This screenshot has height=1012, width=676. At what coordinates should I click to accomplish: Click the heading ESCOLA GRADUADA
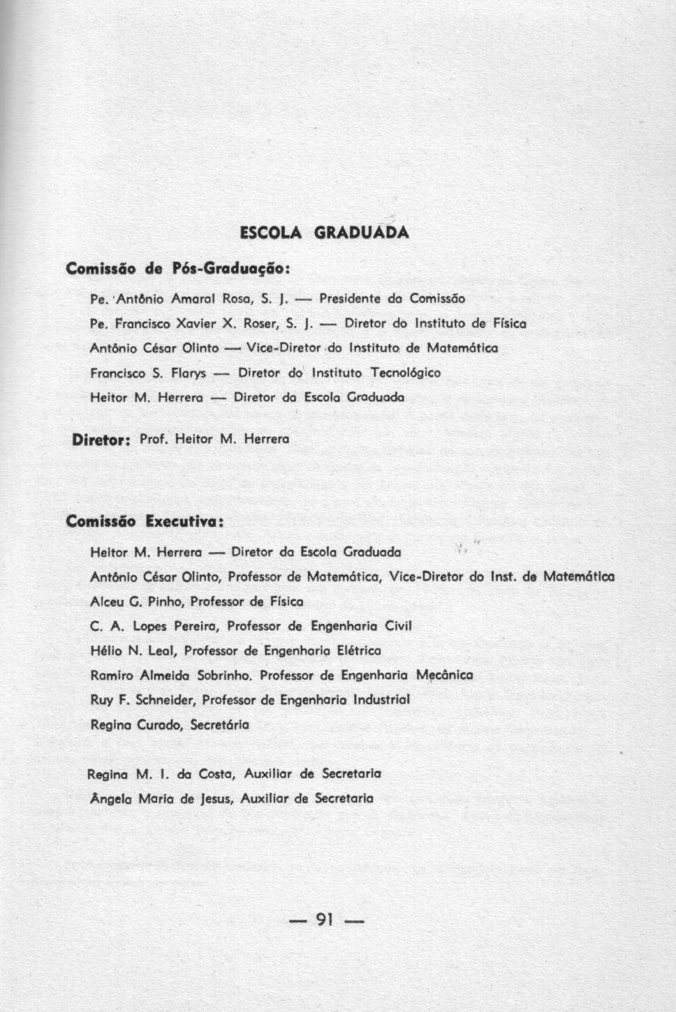point(324,232)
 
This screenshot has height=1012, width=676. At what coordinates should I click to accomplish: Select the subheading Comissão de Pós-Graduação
point(177,268)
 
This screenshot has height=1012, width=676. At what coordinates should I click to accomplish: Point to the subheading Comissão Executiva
point(145,521)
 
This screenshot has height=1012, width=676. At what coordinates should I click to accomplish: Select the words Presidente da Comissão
point(392,299)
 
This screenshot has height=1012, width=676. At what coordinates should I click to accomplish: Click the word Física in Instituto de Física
point(508,323)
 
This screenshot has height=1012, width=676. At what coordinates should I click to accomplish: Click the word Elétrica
point(359,650)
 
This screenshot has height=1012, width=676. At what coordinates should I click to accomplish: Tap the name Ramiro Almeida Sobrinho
point(172,676)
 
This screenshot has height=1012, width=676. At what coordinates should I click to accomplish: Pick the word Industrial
point(381,699)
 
